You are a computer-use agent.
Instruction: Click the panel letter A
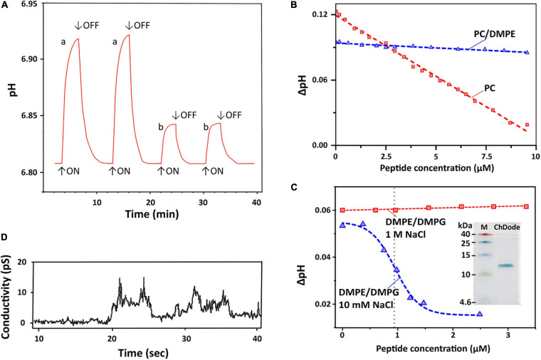(x=5, y=6)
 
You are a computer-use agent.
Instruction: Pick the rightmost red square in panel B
(x=527, y=125)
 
